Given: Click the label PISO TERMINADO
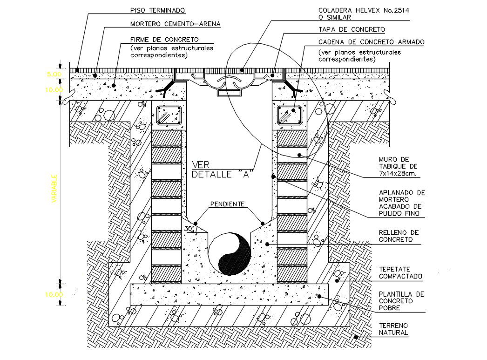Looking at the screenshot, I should [x=150, y=10].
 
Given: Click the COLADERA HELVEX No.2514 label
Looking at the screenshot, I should [x=354, y=10].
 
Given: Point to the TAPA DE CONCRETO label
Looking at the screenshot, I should [x=352, y=30].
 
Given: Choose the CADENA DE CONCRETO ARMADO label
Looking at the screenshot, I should [x=371, y=42].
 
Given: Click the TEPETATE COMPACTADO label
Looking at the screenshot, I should [x=400, y=272].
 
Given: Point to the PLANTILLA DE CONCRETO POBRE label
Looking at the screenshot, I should [x=400, y=301].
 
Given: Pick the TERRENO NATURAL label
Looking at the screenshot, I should [x=393, y=329].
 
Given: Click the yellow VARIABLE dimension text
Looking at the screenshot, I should [x=54, y=188].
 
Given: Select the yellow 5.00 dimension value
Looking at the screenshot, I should [x=53, y=74].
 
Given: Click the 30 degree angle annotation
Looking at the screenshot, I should [x=189, y=229].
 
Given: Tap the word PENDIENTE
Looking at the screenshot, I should [x=227, y=204].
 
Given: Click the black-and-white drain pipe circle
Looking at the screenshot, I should [x=229, y=254].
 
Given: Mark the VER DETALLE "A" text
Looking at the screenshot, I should [x=222, y=170].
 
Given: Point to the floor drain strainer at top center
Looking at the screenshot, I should [x=229, y=84].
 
